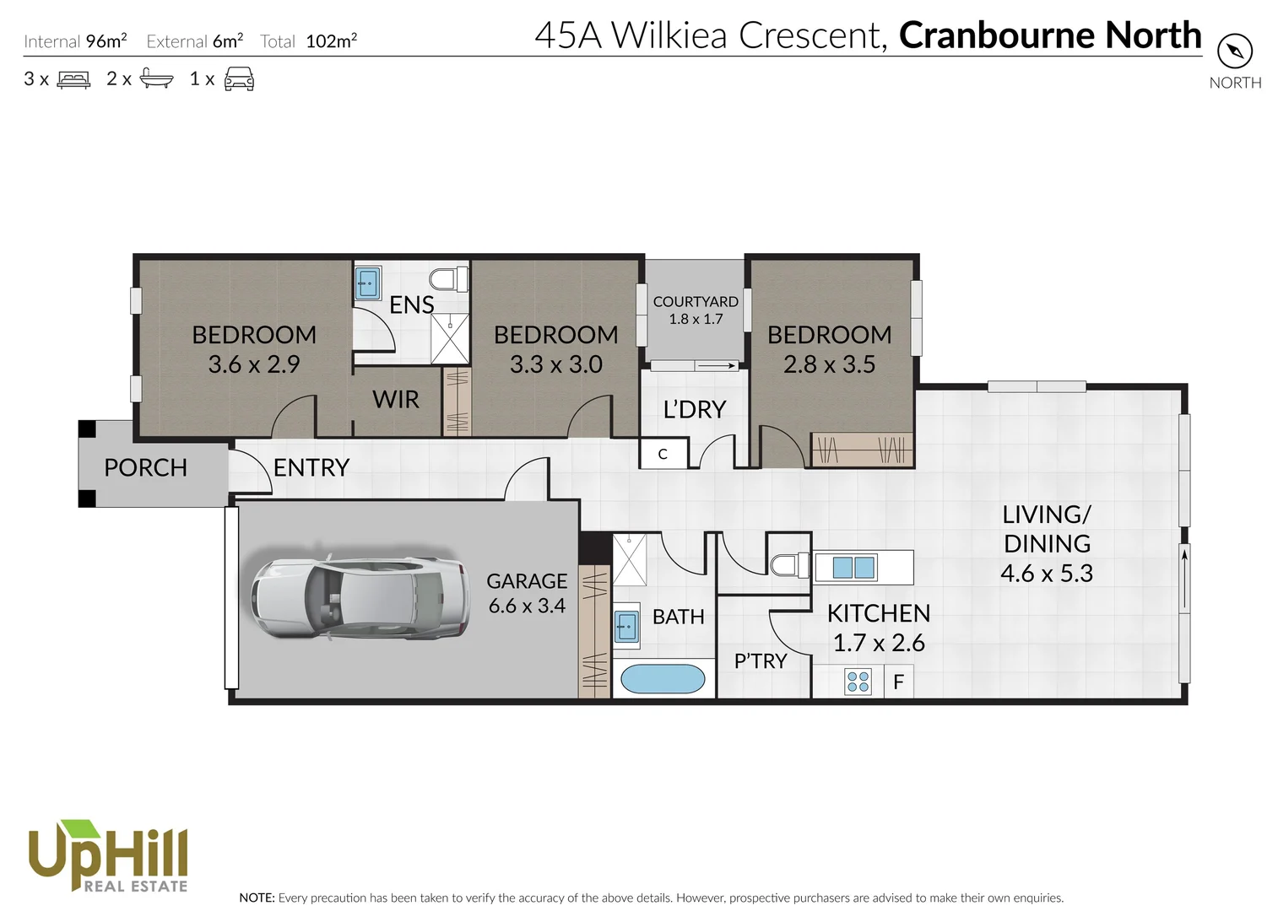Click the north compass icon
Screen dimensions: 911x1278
point(1235,52)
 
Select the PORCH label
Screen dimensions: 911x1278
point(145,467)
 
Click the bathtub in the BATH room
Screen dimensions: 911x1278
point(663,679)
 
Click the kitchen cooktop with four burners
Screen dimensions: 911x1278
point(858,682)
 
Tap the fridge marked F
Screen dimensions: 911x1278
point(898,682)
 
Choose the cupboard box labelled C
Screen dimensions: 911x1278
point(663,454)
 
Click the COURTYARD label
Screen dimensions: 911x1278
point(696,301)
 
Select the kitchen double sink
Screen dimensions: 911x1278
point(853,567)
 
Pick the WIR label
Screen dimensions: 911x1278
point(396,399)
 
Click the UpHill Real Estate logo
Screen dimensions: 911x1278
point(108,856)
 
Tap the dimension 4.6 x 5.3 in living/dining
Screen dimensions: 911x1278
point(1047,574)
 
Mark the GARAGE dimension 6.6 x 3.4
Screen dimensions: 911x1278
point(527,606)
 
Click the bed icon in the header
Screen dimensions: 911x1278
point(73,79)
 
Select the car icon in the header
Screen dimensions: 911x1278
point(239,79)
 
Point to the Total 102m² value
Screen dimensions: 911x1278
point(331,41)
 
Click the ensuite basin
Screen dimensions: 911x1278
point(368,283)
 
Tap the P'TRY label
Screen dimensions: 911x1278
point(760,660)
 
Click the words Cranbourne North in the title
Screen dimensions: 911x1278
point(1050,35)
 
